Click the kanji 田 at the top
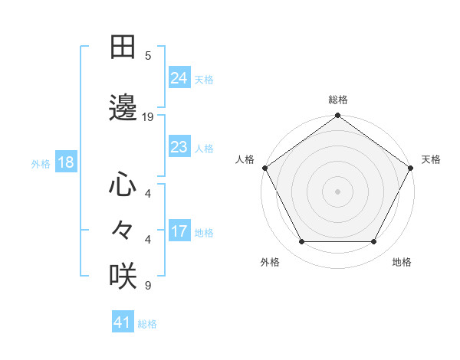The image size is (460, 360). point(123,47)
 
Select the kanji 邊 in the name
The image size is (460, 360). point(123,108)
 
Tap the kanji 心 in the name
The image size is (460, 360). point(123,185)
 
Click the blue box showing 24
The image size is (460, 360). point(179,77)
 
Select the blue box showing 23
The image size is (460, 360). point(179,146)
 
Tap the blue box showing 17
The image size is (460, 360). point(179,231)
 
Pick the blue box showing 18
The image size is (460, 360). point(65,162)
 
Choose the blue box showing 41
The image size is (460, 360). point(123,322)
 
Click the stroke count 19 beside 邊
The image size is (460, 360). point(148,117)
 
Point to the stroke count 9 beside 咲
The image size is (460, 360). point(148,286)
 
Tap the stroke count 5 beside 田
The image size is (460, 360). point(148,56)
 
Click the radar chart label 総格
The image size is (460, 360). point(337,100)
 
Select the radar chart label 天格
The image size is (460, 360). point(431,159)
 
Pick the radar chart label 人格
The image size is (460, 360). point(245,159)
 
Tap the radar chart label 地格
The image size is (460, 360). point(402,263)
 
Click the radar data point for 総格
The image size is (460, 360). point(337,116)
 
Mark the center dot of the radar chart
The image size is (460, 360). point(337,191)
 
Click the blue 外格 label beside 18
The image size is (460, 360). point(41,162)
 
